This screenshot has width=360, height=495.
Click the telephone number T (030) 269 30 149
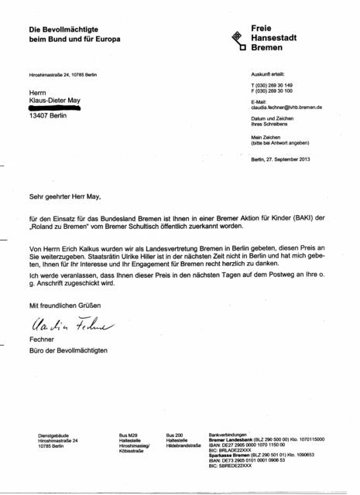click(271, 84)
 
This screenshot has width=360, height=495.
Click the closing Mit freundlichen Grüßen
click(65, 306)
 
